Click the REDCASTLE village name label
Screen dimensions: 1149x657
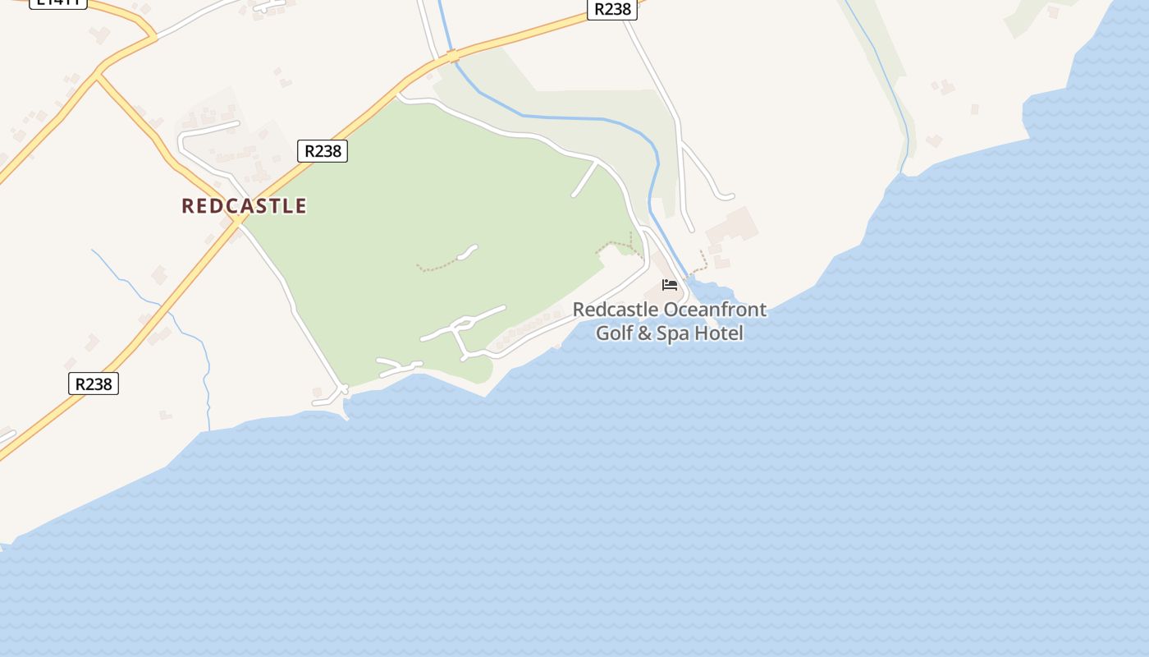click(244, 205)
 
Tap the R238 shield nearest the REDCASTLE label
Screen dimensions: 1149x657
click(323, 151)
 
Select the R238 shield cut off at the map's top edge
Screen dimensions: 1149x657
click(612, 8)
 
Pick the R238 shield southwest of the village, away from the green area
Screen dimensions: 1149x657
click(94, 384)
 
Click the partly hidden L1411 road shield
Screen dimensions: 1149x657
click(57, 2)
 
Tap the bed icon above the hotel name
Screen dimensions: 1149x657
click(670, 285)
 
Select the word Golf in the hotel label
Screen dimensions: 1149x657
click(614, 333)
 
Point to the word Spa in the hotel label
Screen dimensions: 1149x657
click(674, 333)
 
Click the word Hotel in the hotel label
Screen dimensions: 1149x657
click(719, 333)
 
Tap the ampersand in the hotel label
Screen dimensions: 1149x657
click(645, 333)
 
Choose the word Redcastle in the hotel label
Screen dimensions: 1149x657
click(615, 310)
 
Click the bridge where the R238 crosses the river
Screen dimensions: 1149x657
click(452, 57)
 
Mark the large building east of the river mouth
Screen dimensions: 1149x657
click(731, 225)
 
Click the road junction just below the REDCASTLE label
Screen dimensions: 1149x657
click(238, 221)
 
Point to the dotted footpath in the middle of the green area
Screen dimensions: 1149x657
click(439, 264)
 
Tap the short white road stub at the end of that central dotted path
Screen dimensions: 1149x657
click(467, 252)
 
